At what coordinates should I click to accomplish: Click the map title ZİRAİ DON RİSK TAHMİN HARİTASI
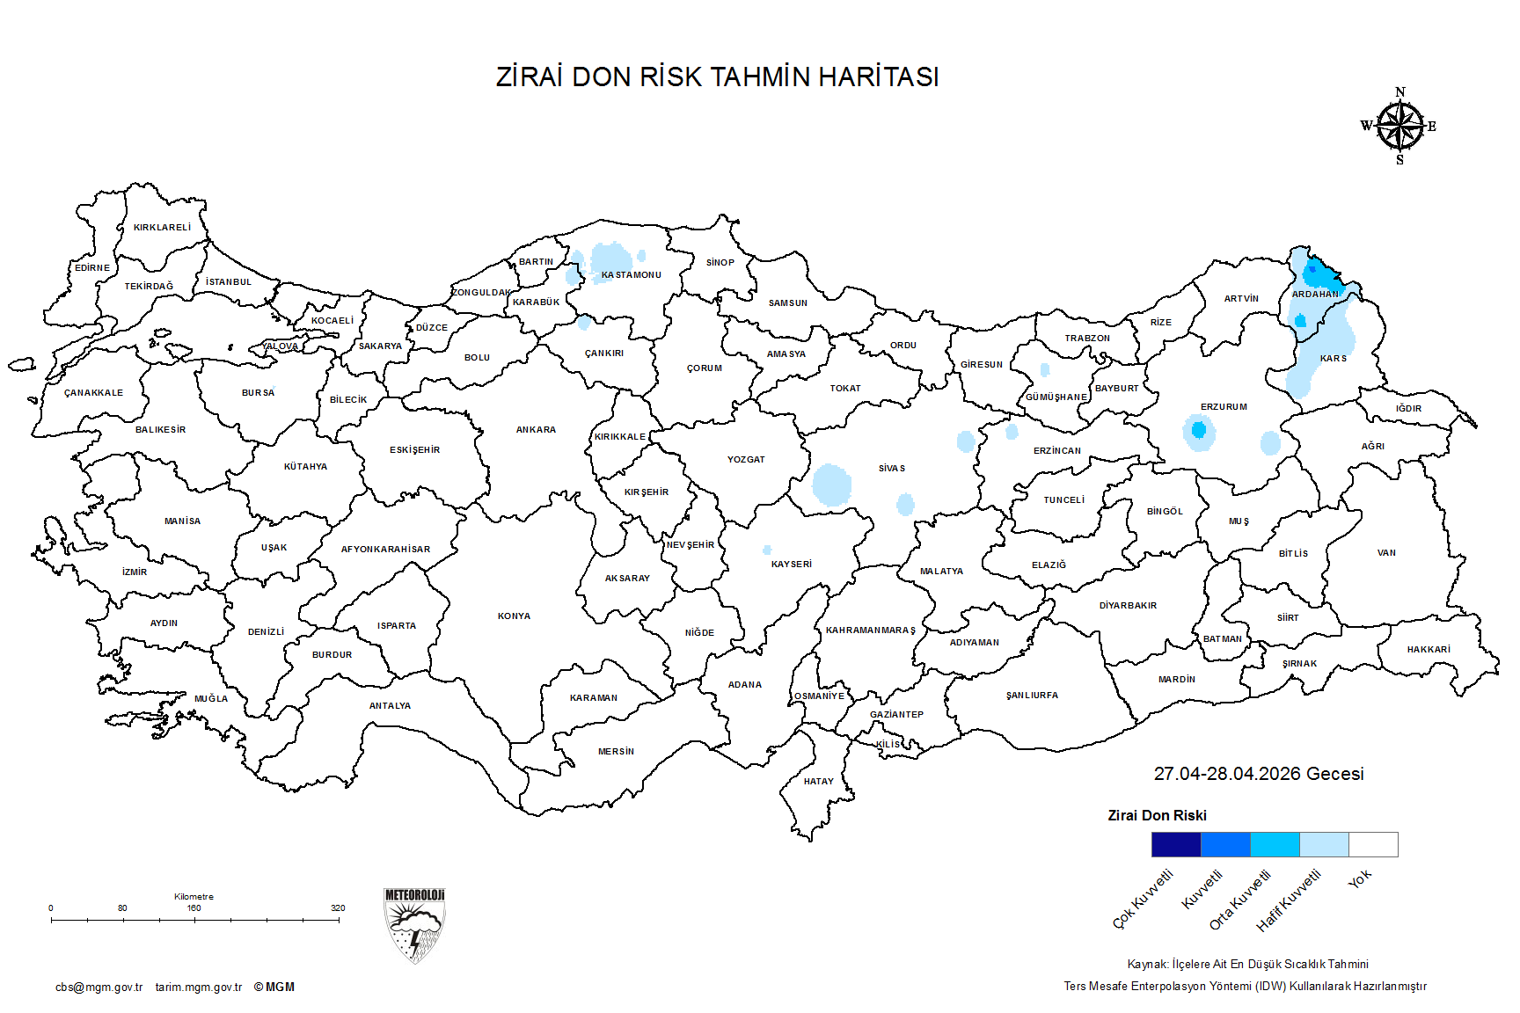click(717, 77)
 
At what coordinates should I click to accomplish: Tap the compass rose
click(1399, 127)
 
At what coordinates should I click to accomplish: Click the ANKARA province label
click(536, 430)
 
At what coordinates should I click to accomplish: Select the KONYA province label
click(514, 616)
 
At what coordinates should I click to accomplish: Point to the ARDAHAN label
click(1314, 295)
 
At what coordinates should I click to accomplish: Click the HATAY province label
click(818, 782)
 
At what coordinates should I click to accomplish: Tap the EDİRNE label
click(92, 268)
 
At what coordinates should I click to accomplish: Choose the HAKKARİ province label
click(1429, 650)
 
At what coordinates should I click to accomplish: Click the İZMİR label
click(135, 572)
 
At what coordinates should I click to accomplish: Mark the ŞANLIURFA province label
click(1032, 696)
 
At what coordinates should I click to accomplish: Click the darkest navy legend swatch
click(1175, 845)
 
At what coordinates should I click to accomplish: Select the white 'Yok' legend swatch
click(1372, 845)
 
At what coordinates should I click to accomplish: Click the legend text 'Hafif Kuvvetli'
click(1289, 900)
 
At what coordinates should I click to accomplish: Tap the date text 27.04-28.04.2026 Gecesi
click(1259, 774)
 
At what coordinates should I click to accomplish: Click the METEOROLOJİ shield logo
click(414, 926)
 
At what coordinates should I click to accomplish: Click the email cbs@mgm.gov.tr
click(99, 987)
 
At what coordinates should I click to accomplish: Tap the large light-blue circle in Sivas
click(831, 485)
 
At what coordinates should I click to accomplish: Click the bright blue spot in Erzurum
click(1198, 430)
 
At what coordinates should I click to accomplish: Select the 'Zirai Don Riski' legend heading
click(1157, 816)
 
